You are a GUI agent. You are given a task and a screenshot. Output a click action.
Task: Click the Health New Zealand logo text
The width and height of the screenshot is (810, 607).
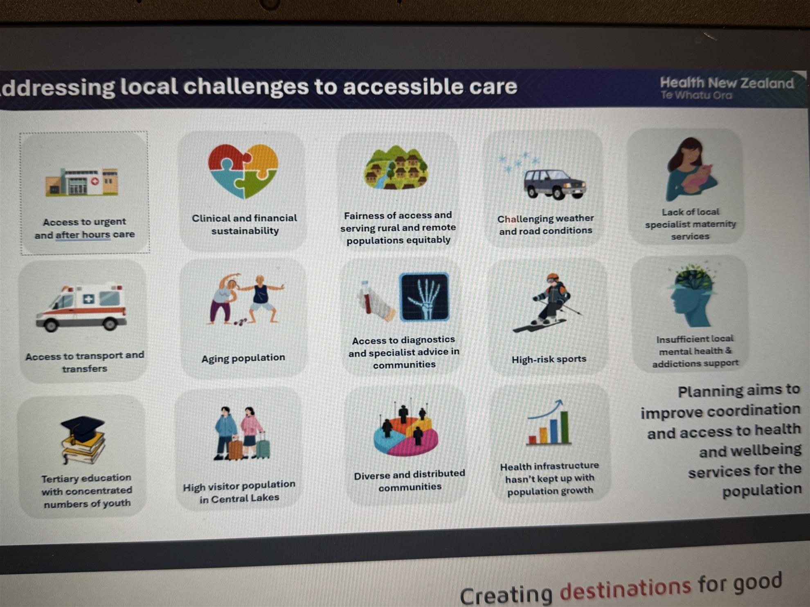tap(727, 88)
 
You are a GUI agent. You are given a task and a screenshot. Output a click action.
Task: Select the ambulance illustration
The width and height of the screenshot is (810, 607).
tap(81, 307)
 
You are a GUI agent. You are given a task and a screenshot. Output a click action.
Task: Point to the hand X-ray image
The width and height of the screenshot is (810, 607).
tap(424, 297)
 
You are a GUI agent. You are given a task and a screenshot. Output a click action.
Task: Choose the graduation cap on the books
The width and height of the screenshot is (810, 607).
tap(83, 440)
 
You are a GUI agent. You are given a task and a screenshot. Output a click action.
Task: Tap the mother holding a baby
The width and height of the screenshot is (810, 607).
tap(691, 169)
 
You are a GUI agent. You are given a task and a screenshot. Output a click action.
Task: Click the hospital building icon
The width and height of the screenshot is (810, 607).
tap(82, 181)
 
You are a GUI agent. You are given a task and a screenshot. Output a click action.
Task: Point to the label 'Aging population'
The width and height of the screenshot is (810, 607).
tap(243, 358)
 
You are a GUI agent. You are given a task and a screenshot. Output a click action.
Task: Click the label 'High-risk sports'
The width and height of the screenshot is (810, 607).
tap(549, 359)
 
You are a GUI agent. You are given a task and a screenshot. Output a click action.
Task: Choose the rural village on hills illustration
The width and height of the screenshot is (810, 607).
tap(396, 168)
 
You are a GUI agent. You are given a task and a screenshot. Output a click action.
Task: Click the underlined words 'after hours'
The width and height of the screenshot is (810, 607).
tap(83, 235)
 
